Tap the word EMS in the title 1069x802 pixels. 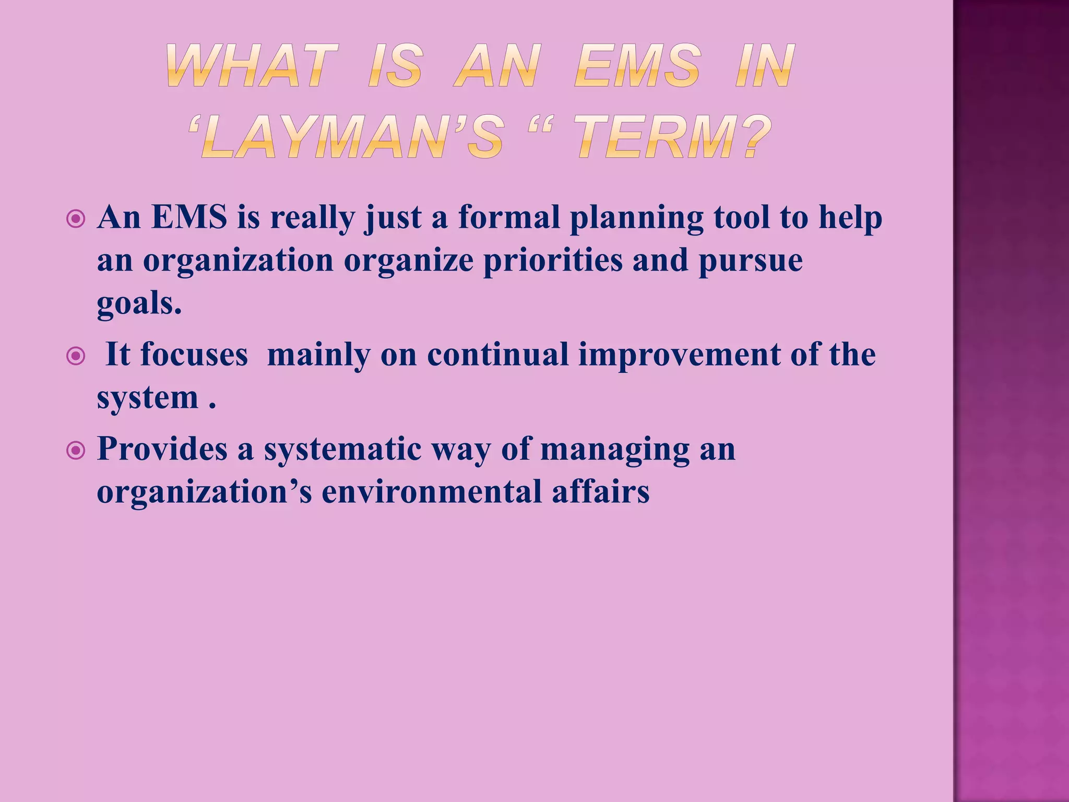(637, 66)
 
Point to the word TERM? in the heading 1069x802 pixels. (674, 137)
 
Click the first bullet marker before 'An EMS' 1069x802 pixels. (76, 219)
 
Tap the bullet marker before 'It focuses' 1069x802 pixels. (76, 357)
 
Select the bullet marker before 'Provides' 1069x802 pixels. (76, 451)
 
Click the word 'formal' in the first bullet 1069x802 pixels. (509, 217)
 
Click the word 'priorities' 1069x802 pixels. (553, 261)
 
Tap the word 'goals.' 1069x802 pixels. (139, 304)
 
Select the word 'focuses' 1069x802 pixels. (194, 355)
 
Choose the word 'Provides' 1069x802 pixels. (162, 449)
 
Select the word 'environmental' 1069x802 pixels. (432, 492)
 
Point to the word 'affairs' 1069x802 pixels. (601, 492)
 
